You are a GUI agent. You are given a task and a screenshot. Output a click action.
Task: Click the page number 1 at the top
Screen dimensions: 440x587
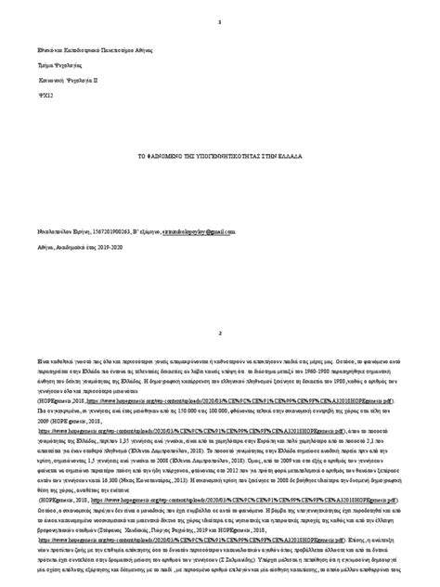[x=220, y=21]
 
